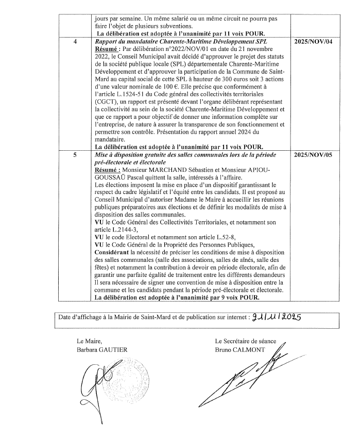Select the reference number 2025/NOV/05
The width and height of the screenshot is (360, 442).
pyautogui.click(x=316, y=155)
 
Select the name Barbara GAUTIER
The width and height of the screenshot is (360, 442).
pyautogui.click(x=101, y=349)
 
